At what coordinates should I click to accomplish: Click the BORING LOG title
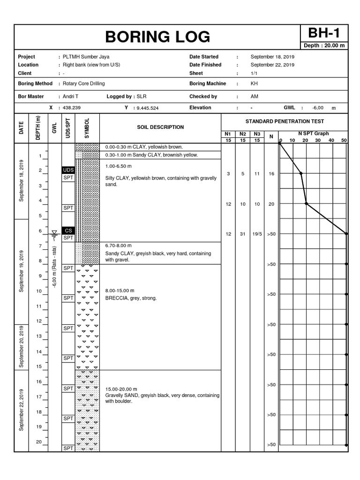pyautogui.click(x=157, y=37)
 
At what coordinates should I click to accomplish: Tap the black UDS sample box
pyautogui.click(x=68, y=170)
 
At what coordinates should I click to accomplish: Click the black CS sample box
pyautogui.click(x=68, y=230)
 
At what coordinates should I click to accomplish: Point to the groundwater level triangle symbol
pyautogui.click(x=54, y=233)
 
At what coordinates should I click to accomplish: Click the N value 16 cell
pyautogui.click(x=271, y=174)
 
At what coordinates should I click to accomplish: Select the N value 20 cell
pyautogui.click(x=271, y=204)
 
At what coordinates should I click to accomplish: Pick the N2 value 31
pyautogui.click(x=243, y=234)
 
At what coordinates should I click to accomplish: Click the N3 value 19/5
pyautogui.click(x=257, y=234)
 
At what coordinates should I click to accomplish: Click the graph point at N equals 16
pyautogui.click(x=301, y=173)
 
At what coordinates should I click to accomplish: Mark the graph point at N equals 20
pyautogui.click(x=306, y=203)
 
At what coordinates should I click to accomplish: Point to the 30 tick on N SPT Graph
pyautogui.click(x=318, y=140)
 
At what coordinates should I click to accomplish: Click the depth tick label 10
pyautogui.click(x=39, y=291)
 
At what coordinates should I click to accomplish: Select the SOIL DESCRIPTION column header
pyautogui.click(x=160, y=127)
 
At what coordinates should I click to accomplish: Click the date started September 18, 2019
pyautogui.click(x=272, y=57)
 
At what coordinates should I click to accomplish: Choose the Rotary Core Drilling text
pyautogui.click(x=84, y=83)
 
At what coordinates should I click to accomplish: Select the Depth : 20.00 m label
pyautogui.click(x=324, y=45)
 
